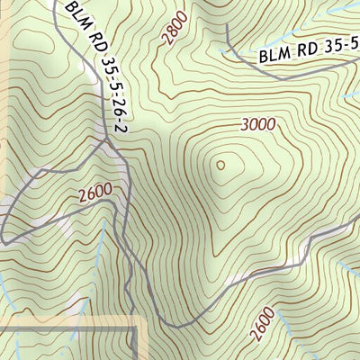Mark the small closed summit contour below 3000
pyautogui.click(x=220, y=165)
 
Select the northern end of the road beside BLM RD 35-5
pyautogui.click(x=227, y=26)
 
